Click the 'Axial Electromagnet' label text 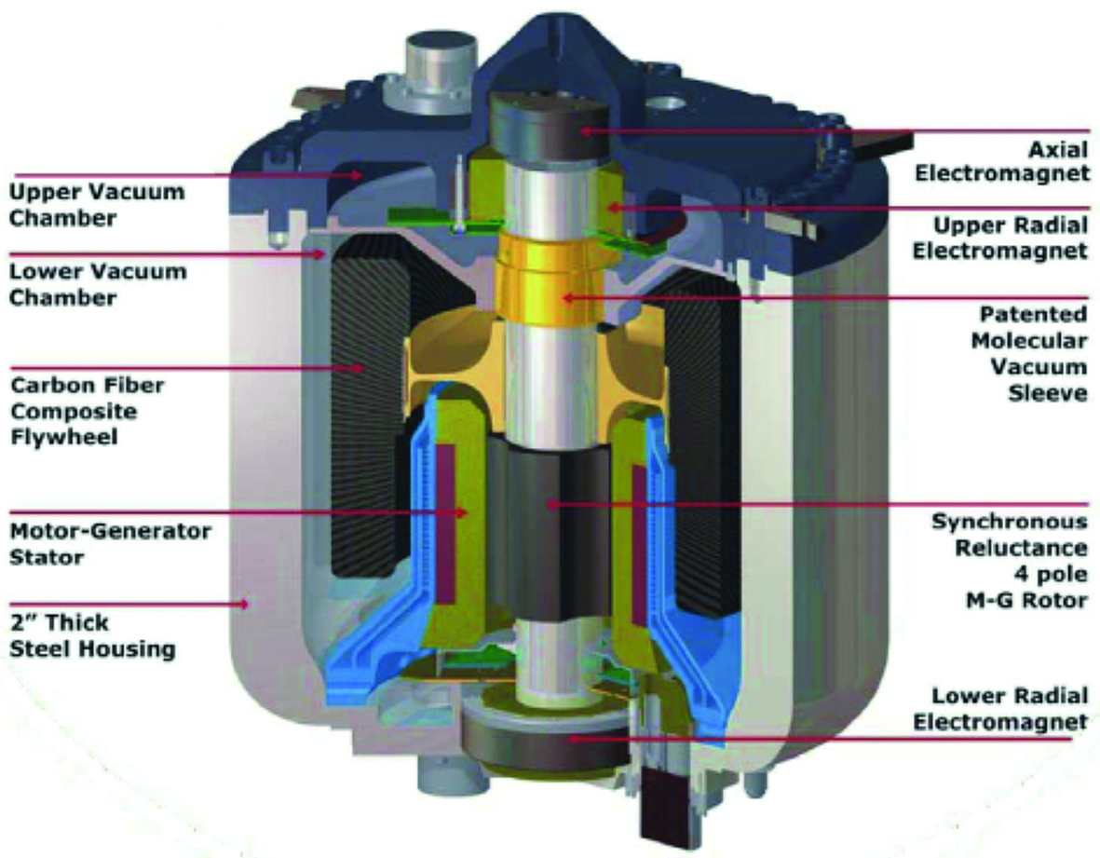[1002, 161]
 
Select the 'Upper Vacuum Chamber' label [97, 204]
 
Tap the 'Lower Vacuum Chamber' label [98, 284]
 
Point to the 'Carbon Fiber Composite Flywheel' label [88, 411]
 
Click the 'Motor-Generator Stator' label [110, 544]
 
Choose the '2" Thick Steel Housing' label [92, 635]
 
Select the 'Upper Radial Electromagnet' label [1000, 238]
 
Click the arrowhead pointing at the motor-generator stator [462, 512]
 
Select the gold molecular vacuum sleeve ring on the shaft [550, 280]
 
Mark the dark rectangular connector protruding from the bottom [662, 806]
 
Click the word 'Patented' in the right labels [1033, 315]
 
